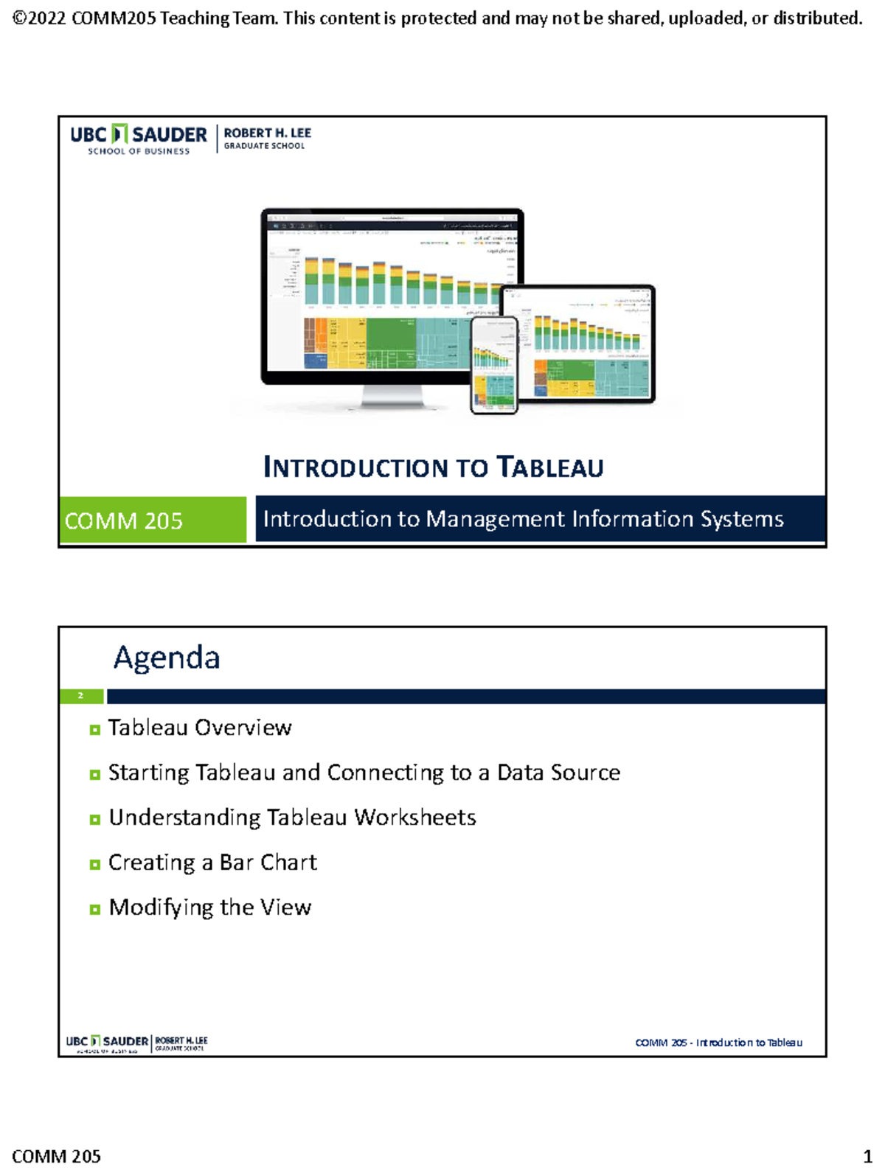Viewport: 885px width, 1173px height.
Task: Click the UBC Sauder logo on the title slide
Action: point(139,139)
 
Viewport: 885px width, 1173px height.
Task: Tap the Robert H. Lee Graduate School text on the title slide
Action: point(267,138)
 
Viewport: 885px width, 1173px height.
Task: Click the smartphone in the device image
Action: point(494,365)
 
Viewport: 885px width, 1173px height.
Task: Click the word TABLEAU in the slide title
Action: point(550,467)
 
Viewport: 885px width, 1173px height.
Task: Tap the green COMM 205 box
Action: point(153,521)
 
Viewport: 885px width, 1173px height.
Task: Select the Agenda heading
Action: point(167,658)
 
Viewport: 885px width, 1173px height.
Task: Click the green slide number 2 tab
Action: point(81,696)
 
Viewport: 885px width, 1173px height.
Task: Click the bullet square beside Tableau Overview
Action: point(94,730)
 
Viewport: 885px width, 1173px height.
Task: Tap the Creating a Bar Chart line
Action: point(212,863)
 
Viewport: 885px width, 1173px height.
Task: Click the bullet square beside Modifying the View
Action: point(94,910)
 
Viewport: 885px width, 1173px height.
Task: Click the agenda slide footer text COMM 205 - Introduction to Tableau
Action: point(718,1043)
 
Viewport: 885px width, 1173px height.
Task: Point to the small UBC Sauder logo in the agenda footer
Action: point(108,1043)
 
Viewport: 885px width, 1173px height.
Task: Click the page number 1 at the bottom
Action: point(867,1156)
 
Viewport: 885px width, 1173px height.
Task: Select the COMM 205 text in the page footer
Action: point(57,1156)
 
